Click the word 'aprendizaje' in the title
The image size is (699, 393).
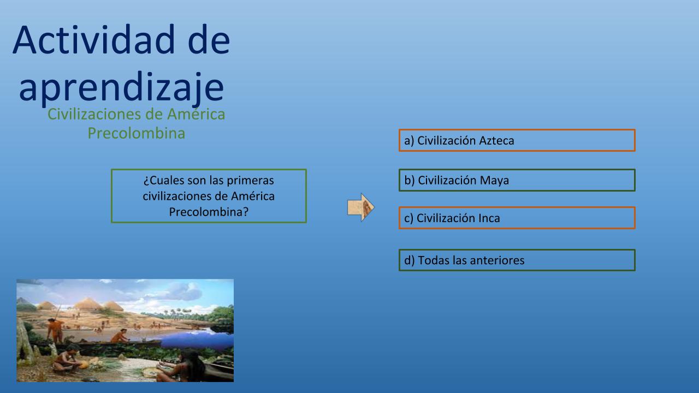coord(121,87)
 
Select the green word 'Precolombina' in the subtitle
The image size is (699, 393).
coord(137,133)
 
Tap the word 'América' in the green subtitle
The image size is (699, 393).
coord(196,114)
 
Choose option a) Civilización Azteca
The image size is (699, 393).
coord(517,140)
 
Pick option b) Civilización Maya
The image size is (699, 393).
coord(517,180)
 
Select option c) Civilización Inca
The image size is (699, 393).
coord(517,218)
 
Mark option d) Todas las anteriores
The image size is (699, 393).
coord(517,260)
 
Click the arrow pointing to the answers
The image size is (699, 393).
coord(361,207)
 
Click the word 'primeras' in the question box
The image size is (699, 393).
coord(250,180)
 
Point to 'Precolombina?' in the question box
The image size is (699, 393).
coord(209,212)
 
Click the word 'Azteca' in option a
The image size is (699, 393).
coord(496,141)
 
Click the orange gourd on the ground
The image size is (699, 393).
coord(84,365)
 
